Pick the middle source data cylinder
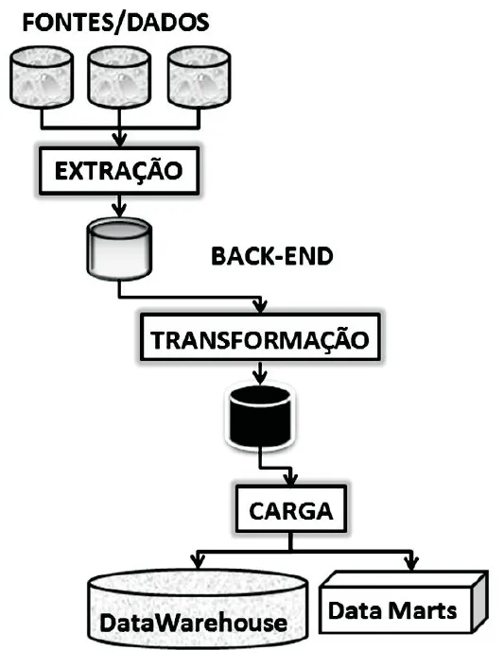click(x=118, y=77)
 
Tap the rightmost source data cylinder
click(x=199, y=77)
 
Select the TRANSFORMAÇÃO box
click(x=260, y=337)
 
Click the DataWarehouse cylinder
click(x=201, y=611)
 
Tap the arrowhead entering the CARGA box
click(x=293, y=482)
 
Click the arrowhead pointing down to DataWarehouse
click(x=197, y=563)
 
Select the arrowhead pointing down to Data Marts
click(x=411, y=563)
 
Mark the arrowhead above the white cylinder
click(x=118, y=210)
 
